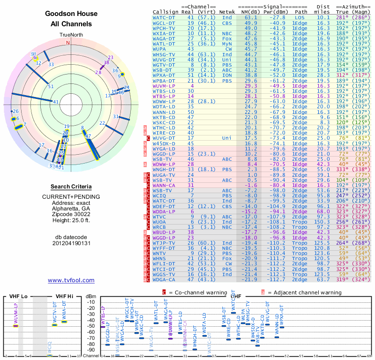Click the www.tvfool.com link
(x=71, y=280)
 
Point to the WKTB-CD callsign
(x=164, y=117)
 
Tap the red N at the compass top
(x=68, y=43)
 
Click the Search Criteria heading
(x=71, y=186)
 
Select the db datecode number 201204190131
(x=71, y=243)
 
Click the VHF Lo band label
(x=17, y=296)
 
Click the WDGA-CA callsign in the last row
(x=164, y=279)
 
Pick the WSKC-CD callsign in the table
(x=164, y=122)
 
